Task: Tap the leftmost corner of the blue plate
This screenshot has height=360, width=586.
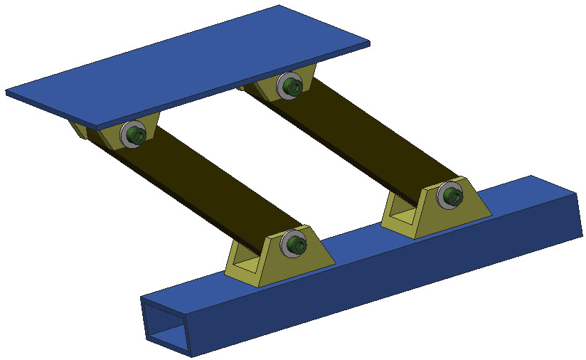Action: (x=7, y=91)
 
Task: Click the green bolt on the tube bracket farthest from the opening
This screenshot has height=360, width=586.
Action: (x=453, y=194)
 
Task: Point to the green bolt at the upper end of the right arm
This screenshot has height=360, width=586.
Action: (x=292, y=88)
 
